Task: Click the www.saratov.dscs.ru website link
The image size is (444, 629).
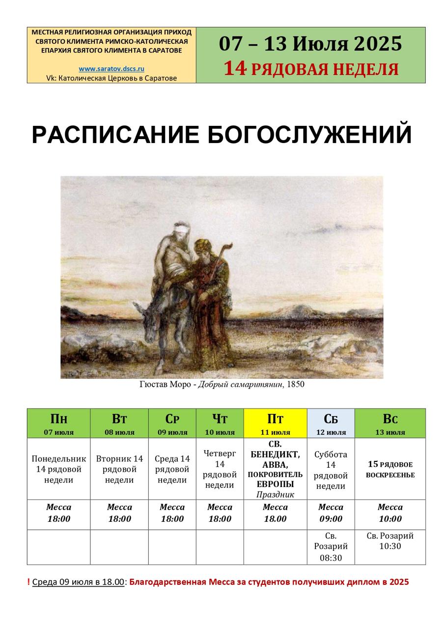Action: tap(111, 68)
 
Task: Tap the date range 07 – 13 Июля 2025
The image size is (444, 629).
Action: tap(310, 44)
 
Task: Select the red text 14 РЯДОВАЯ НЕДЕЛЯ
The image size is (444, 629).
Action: tap(311, 69)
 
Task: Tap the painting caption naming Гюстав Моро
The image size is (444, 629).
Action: tap(222, 384)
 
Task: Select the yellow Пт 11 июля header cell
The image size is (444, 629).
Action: tap(275, 423)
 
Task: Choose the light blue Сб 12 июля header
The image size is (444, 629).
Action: tap(331, 423)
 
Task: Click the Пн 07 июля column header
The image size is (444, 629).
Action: tap(58, 423)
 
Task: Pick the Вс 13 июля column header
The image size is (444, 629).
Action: tap(390, 423)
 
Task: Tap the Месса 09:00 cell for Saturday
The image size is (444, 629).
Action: tap(331, 513)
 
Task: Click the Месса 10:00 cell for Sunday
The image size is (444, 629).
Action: tap(390, 513)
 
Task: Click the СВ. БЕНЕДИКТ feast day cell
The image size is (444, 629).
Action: tap(275, 469)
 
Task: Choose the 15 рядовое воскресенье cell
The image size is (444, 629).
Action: tap(390, 469)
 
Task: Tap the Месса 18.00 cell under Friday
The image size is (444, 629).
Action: tap(275, 513)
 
